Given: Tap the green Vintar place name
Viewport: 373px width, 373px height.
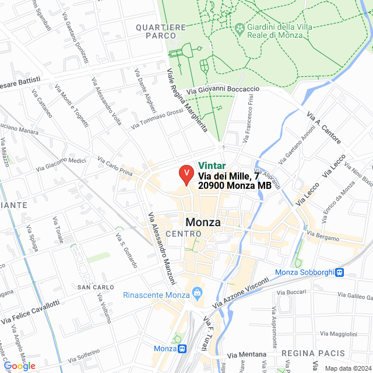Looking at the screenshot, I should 212,166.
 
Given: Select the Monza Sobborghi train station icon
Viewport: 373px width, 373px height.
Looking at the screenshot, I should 339,272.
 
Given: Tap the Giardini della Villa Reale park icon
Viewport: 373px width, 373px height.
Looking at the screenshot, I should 239,28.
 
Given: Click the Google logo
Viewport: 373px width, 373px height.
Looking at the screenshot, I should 20,365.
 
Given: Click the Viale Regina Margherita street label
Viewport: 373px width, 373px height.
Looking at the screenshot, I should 188,100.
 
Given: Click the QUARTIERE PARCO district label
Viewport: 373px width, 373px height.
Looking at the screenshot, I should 160,31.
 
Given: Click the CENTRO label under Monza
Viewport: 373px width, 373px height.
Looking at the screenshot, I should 183,234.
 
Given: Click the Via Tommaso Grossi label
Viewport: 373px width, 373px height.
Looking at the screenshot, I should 157,118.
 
